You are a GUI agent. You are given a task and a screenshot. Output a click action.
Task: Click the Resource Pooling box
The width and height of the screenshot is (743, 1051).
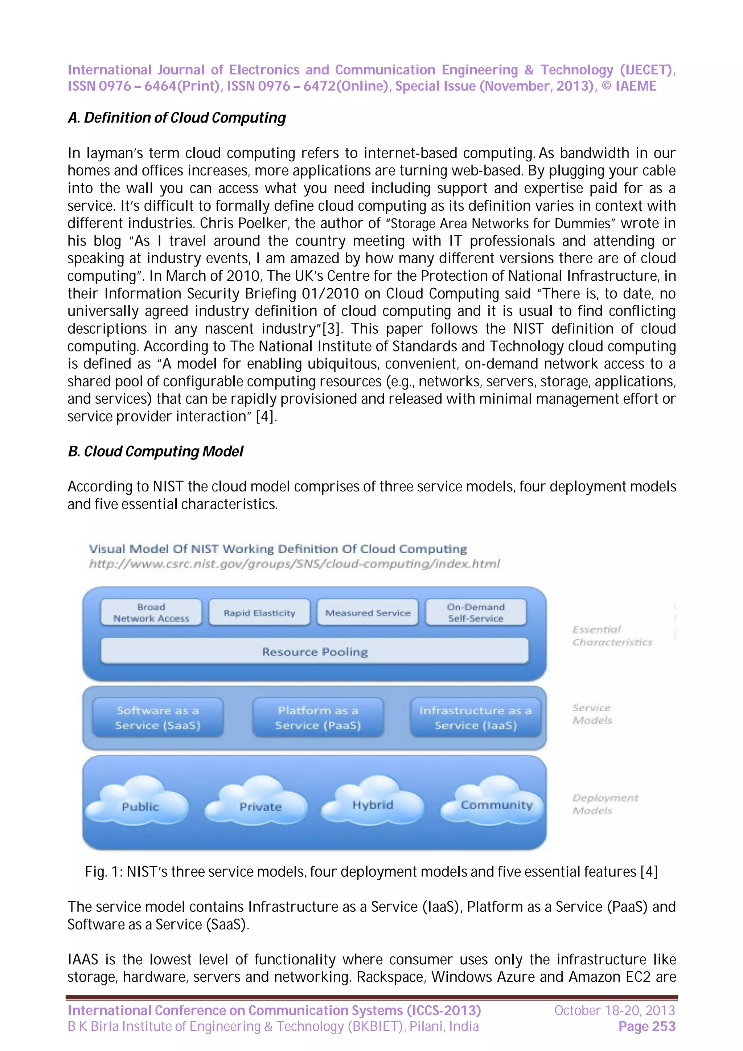point(315,651)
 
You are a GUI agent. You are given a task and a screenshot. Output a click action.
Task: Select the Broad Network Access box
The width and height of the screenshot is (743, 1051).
point(151,613)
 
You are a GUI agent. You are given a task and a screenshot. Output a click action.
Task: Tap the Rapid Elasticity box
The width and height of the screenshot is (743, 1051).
point(259,613)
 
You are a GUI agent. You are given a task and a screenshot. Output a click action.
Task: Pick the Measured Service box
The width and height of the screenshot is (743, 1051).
point(368,613)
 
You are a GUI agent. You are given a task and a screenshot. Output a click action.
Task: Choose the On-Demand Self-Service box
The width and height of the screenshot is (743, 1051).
point(476,613)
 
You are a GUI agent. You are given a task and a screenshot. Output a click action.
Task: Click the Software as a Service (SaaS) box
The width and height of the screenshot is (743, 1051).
point(157,718)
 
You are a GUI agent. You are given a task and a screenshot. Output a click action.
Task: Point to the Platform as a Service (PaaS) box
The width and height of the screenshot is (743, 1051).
point(318,718)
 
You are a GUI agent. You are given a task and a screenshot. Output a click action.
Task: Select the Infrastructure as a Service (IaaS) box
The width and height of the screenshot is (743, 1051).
point(475,718)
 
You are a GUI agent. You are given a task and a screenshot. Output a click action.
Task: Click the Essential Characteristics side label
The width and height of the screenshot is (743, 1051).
point(612,636)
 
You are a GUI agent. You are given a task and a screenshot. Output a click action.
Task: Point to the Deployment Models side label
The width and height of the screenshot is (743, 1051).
point(604,804)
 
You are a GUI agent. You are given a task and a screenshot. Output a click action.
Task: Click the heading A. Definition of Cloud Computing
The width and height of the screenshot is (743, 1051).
point(177,118)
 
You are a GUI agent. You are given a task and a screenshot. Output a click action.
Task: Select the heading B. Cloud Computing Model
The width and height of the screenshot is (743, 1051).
point(156,452)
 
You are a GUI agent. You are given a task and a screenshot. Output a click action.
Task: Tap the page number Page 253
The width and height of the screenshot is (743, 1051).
point(646,1027)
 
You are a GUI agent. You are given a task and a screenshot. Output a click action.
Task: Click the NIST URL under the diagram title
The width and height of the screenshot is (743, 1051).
point(294,564)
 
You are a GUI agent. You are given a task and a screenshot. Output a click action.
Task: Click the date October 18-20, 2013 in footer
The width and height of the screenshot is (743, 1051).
point(614,1010)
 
